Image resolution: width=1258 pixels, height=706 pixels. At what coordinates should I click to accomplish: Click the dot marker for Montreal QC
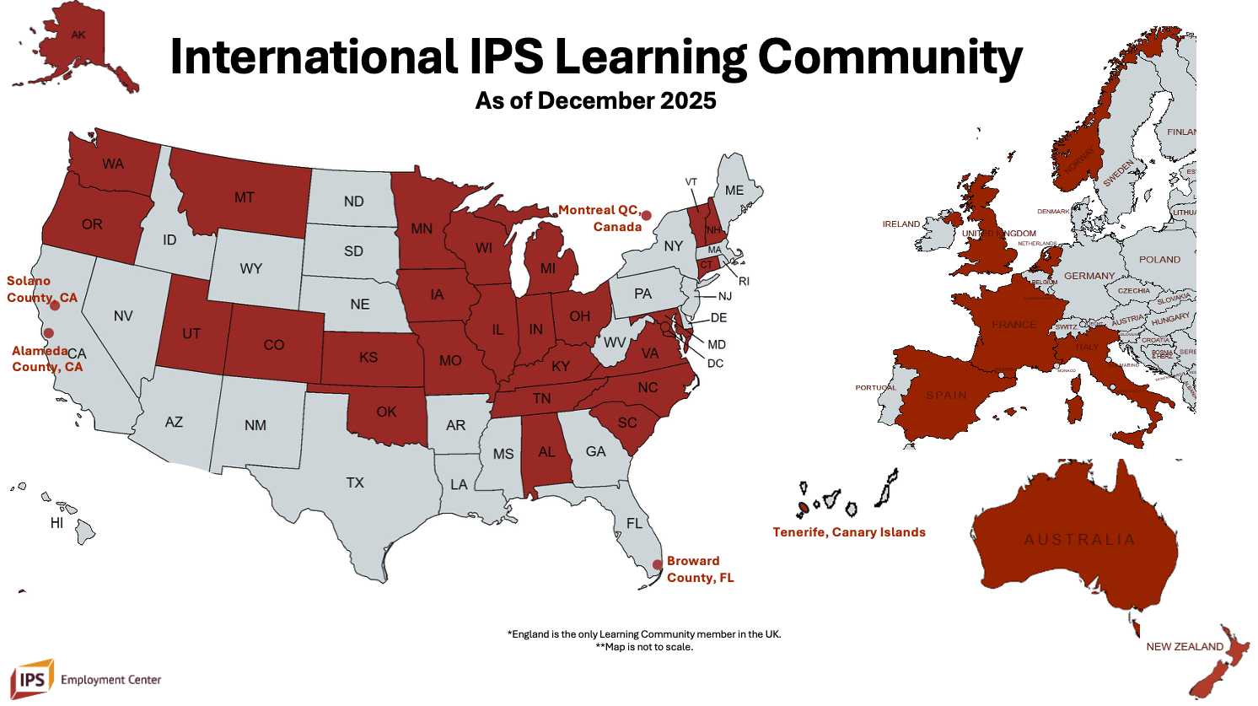tap(646, 216)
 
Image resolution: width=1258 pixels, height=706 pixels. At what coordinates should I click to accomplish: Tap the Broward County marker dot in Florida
tap(658, 565)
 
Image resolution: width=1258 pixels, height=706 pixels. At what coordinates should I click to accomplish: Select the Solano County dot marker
tap(55, 305)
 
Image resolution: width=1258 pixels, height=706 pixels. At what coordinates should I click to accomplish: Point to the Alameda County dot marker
tap(49, 333)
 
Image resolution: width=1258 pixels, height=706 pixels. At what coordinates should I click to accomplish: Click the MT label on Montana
tap(245, 197)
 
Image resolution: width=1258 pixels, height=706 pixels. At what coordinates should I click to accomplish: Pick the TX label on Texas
tap(355, 482)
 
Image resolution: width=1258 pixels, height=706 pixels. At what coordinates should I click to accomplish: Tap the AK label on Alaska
tap(78, 35)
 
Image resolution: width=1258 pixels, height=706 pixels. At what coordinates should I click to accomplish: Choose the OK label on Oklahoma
tap(386, 412)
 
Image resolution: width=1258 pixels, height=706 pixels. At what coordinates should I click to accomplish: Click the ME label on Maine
tap(734, 191)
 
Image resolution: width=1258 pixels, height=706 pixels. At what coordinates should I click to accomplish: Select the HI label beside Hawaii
tap(56, 523)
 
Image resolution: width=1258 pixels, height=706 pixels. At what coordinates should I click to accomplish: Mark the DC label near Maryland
tap(715, 364)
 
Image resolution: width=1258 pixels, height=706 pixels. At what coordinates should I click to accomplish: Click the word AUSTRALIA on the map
tap(1079, 540)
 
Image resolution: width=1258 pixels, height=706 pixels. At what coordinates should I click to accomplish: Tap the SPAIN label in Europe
tap(947, 396)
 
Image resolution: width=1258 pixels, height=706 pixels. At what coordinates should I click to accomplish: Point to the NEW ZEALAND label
tap(1185, 647)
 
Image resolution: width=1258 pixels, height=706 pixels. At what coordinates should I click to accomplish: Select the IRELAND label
tap(901, 224)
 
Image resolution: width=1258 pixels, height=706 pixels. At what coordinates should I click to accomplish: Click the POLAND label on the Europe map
tap(1159, 260)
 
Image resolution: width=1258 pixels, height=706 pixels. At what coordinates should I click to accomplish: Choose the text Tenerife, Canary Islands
tap(849, 532)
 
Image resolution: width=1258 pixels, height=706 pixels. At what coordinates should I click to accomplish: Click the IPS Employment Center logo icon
tap(32, 679)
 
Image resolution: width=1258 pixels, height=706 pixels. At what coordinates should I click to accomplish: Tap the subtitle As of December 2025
tap(595, 101)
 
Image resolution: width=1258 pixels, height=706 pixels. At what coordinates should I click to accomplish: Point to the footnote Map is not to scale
tap(644, 647)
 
